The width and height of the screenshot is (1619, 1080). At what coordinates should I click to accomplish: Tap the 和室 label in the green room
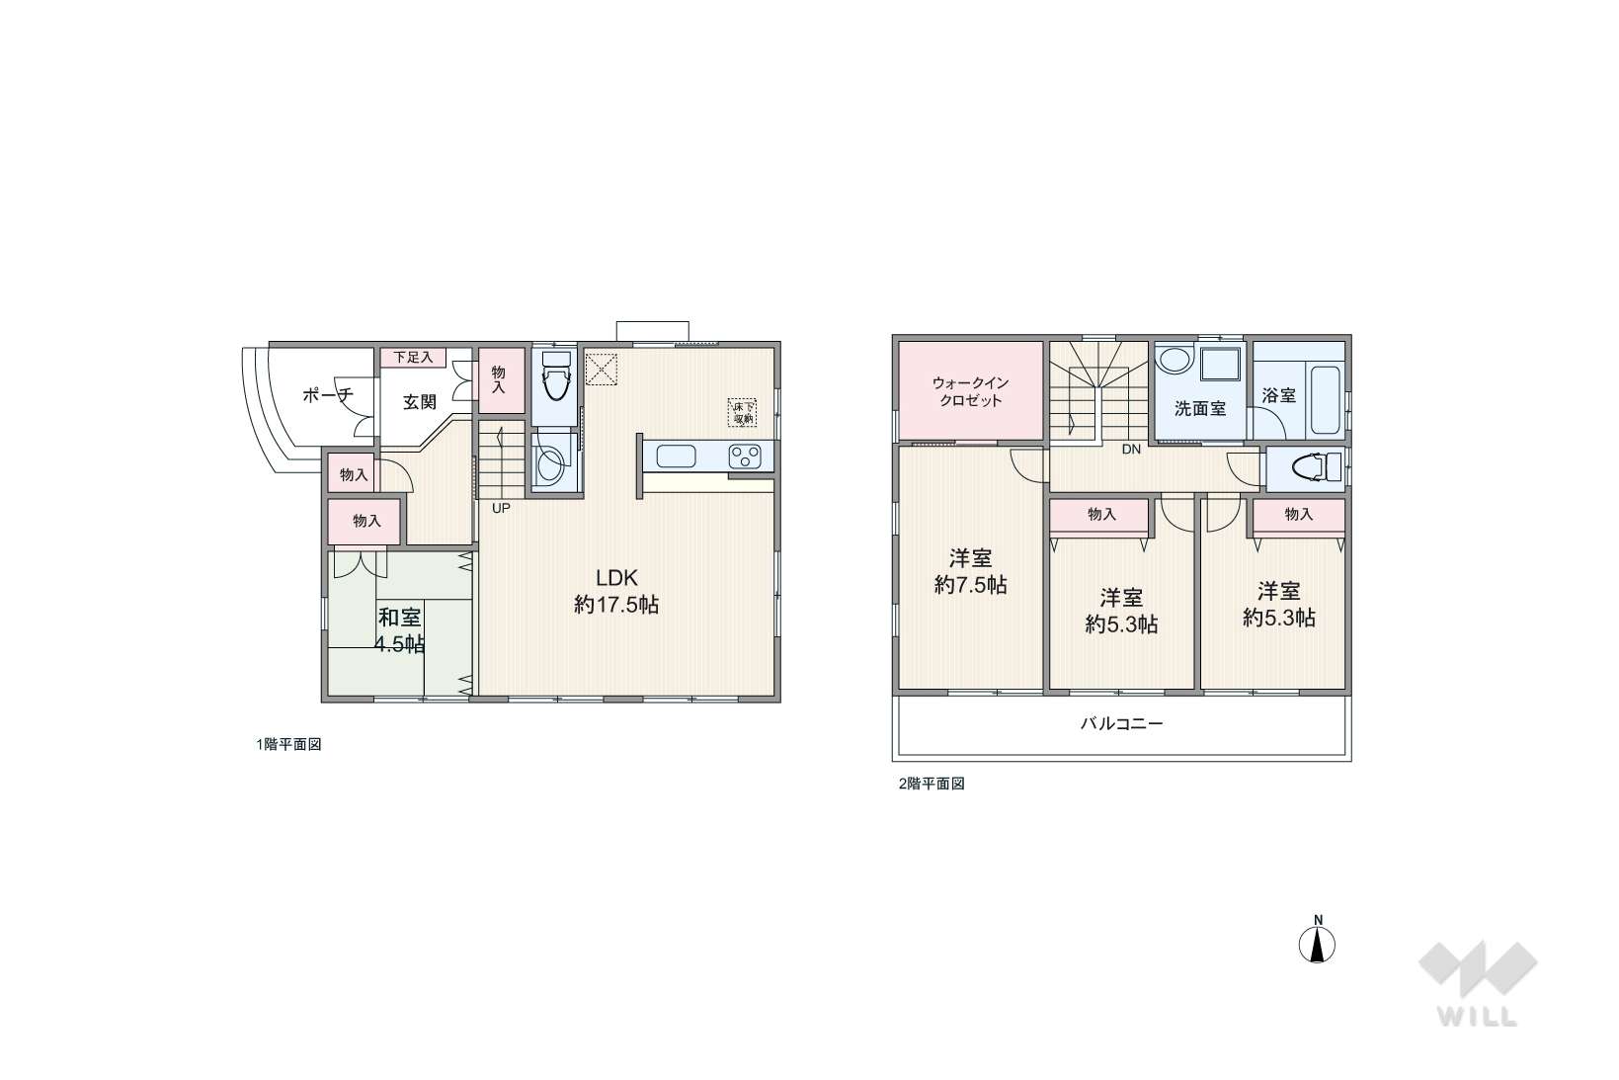(x=400, y=618)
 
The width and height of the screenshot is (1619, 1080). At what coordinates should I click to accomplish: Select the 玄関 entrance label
(x=419, y=402)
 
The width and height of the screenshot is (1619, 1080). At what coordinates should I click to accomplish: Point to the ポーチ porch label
(x=327, y=395)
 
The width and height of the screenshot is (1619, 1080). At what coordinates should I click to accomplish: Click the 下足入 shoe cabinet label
(x=413, y=357)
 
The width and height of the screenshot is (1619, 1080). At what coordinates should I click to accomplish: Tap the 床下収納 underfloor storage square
(x=742, y=412)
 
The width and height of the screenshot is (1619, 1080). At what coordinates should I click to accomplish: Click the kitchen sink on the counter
(x=676, y=457)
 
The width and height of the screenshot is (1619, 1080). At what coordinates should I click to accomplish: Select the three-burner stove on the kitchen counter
(x=745, y=457)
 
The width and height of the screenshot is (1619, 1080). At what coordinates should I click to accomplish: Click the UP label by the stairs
(x=501, y=508)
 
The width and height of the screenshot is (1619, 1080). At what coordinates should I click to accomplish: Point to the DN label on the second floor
(x=1131, y=449)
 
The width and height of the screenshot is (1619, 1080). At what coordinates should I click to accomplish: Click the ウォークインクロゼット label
(x=970, y=391)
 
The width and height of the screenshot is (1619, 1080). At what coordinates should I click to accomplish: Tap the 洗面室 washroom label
(x=1200, y=408)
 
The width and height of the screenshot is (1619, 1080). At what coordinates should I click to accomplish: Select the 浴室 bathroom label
(x=1278, y=394)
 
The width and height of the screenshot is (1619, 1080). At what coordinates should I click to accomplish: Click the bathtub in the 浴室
(x=1326, y=400)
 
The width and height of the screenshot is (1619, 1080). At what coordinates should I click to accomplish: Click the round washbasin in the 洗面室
(x=1174, y=361)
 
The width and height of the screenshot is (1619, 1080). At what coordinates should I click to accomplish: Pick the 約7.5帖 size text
(x=970, y=585)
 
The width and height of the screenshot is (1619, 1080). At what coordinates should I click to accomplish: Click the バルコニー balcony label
(x=1122, y=723)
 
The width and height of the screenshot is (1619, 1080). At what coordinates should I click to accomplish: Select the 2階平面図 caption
(x=931, y=784)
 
